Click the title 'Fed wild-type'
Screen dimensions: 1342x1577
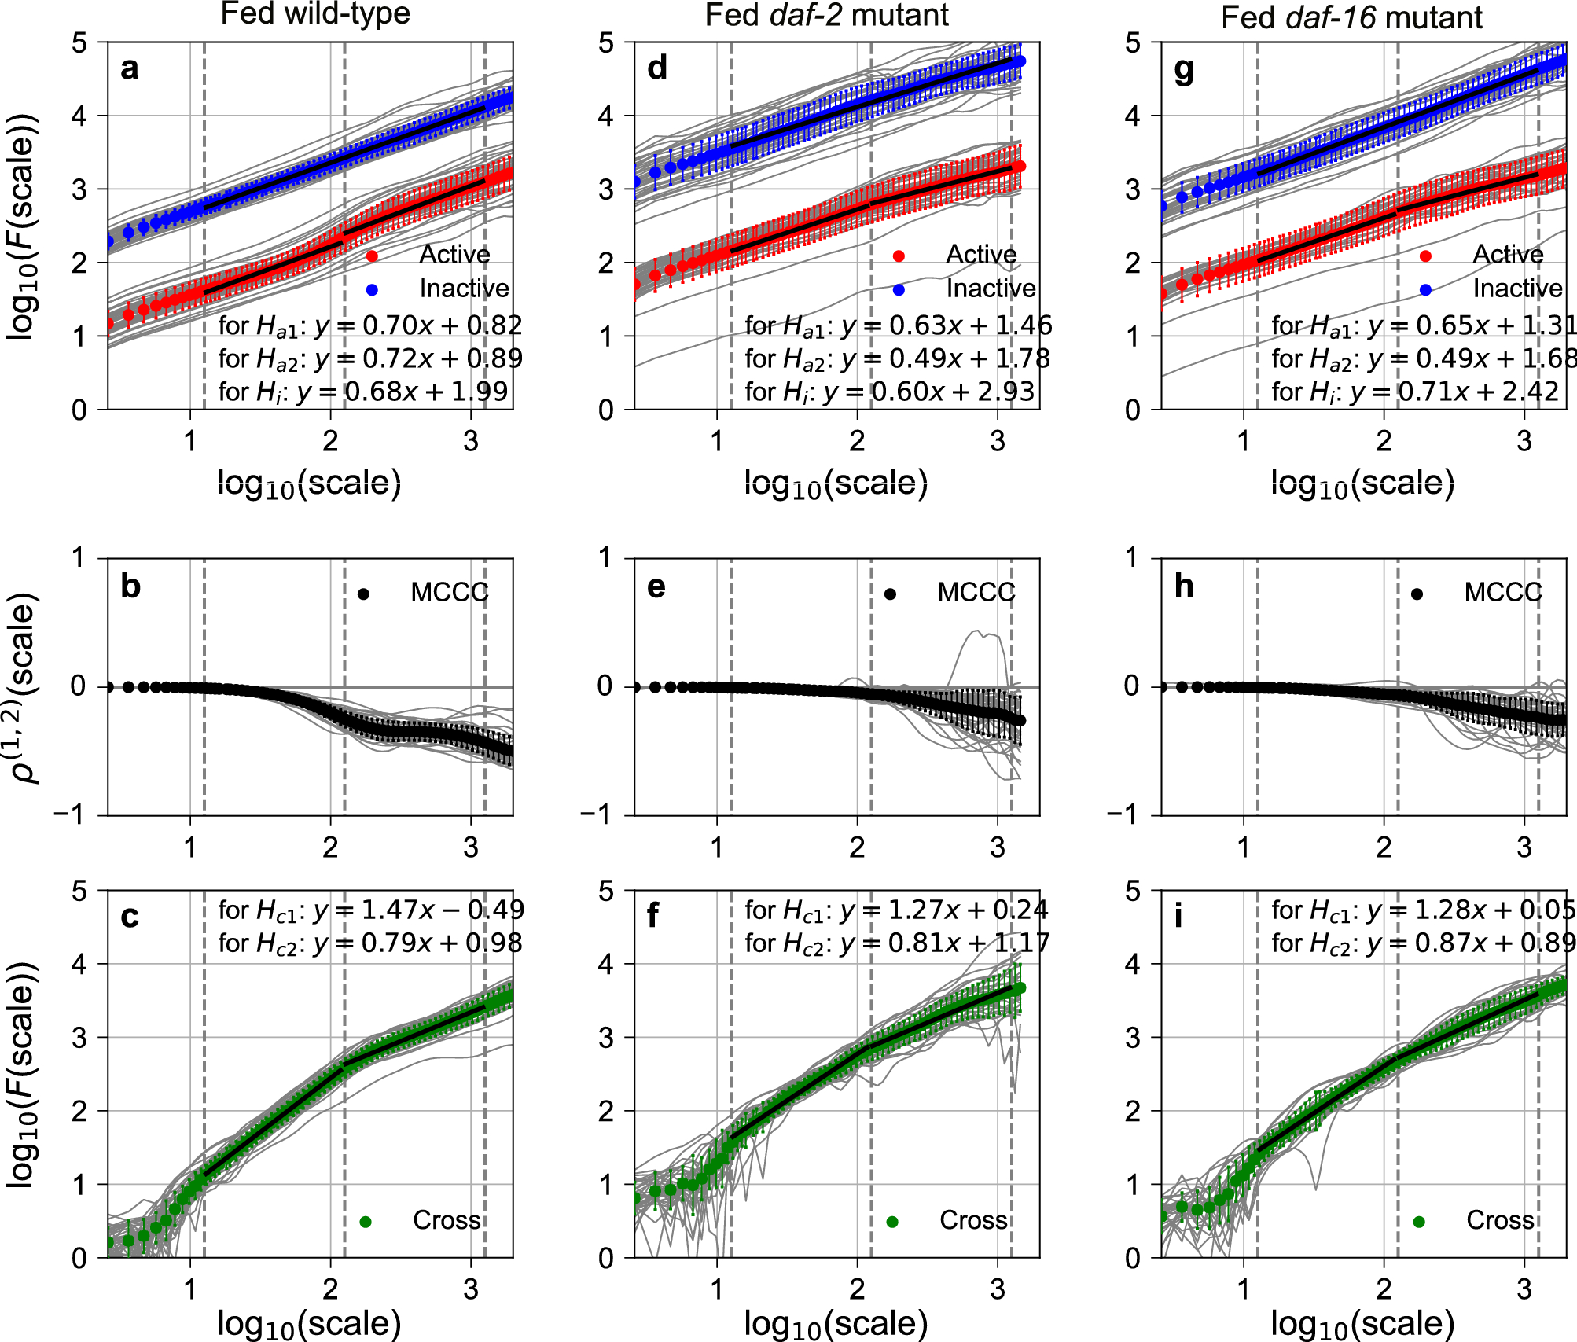[x=314, y=14]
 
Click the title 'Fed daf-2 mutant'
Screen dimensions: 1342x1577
[x=826, y=15]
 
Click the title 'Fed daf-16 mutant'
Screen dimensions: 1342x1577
[x=1351, y=17]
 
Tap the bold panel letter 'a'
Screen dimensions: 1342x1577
[x=130, y=69]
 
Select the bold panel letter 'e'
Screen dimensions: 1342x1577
[x=656, y=586]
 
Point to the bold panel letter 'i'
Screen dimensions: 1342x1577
[x=1178, y=917]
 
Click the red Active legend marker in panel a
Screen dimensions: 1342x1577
[x=372, y=256]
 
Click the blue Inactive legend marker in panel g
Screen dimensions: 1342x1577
[x=1425, y=290]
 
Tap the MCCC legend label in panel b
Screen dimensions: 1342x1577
[x=449, y=593]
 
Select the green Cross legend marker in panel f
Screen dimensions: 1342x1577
[x=892, y=1222]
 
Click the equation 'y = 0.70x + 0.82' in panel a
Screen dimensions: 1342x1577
[x=417, y=325]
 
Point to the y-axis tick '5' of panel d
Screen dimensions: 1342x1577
[x=605, y=43]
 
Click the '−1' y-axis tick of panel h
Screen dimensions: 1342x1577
[x=1123, y=815]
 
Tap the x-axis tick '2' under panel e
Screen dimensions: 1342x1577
[x=857, y=847]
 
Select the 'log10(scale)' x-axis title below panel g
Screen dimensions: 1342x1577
[x=1362, y=483]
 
